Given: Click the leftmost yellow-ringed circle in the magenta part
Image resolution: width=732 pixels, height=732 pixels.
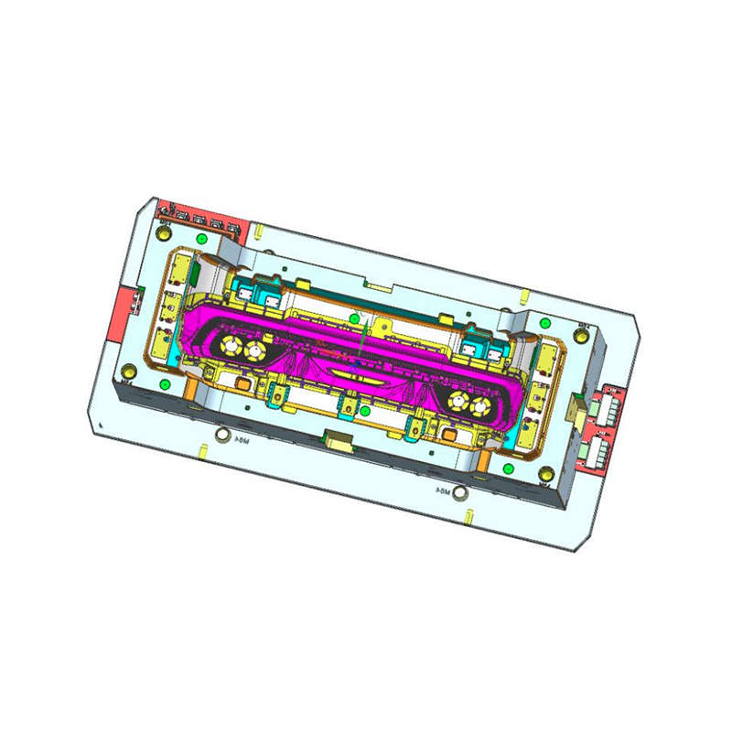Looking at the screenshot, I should (230, 344).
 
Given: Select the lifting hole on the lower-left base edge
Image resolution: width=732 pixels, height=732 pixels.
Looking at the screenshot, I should (220, 436).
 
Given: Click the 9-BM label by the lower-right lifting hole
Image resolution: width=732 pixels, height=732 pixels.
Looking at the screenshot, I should (443, 490).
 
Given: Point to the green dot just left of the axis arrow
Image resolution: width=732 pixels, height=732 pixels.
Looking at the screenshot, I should (355, 318).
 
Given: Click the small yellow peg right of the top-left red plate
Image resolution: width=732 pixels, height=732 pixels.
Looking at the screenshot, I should (259, 228).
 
